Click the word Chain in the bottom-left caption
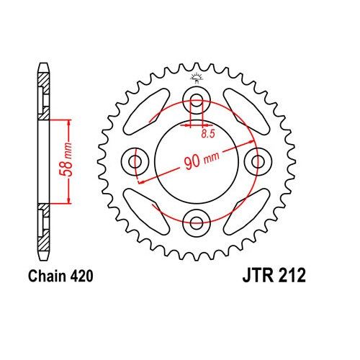tap(48, 276)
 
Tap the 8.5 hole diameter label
tap(207, 134)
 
